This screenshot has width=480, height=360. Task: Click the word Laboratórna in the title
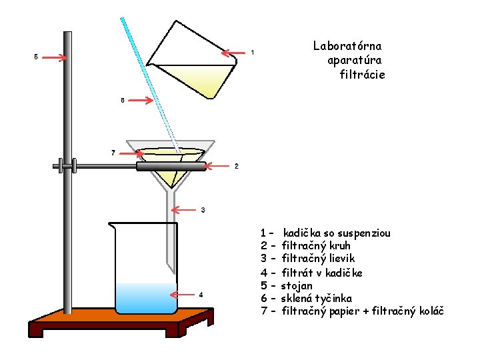click(347, 46)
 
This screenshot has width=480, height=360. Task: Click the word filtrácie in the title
click(362, 75)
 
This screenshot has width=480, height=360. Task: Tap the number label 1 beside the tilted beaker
click(252, 52)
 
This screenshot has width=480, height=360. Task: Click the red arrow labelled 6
click(140, 101)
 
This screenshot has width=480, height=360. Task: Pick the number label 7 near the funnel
click(113, 153)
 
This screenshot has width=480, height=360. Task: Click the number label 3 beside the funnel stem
click(203, 211)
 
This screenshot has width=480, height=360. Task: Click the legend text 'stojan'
click(297, 285)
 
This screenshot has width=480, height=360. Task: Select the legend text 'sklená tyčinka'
click(316, 298)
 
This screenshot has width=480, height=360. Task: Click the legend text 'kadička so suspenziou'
click(337, 233)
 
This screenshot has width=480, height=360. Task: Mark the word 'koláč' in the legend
click(429, 311)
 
